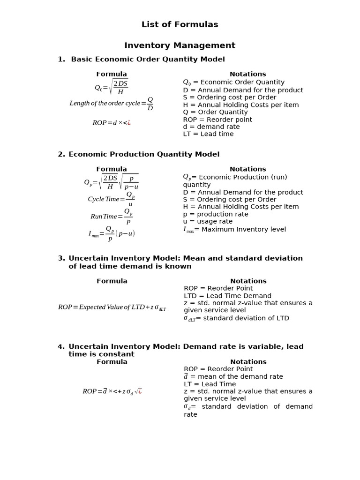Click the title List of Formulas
click(x=180, y=24)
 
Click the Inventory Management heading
click(x=180, y=45)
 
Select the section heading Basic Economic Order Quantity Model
click(x=148, y=59)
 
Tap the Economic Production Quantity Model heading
click(x=144, y=154)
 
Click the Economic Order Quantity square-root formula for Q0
click(x=111, y=87)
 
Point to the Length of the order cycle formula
click(x=111, y=103)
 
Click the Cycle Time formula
click(x=112, y=199)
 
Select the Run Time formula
click(x=112, y=216)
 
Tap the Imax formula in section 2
click(x=112, y=233)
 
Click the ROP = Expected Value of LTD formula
click(x=112, y=307)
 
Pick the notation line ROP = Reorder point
click(x=217, y=120)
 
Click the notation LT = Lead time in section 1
click(x=208, y=134)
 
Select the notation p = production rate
click(x=216, y=214)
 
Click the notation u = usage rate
click(x=208, y=221)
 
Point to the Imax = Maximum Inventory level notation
click(x=234, y=230)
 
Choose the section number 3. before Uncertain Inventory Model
click(x=61, y=258)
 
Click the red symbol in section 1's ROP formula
click(x=128, y=123)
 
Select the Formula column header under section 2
click(x=112, y=169)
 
